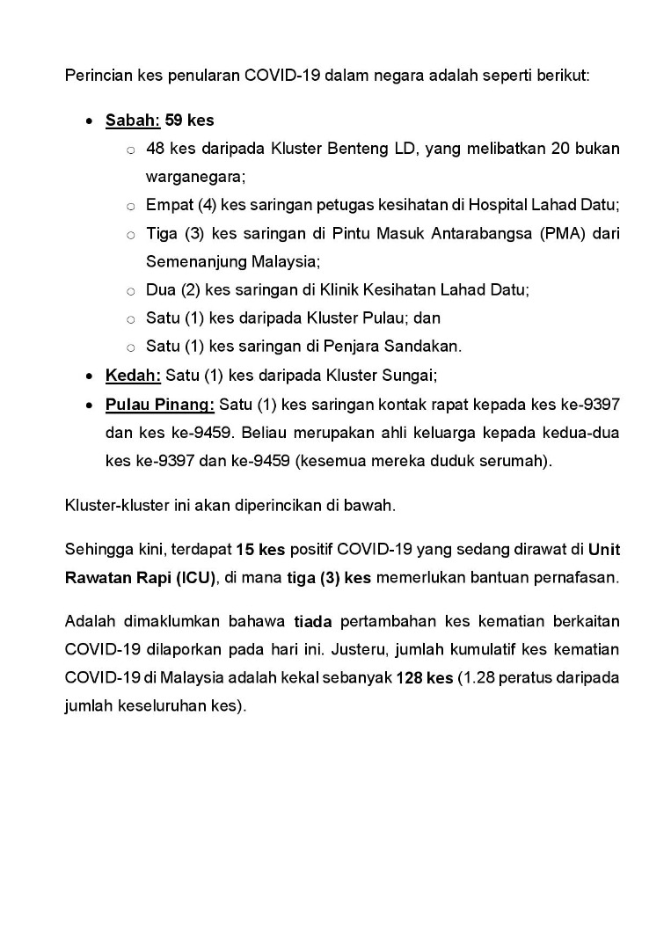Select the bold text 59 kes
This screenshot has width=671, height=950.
tap(190, 120)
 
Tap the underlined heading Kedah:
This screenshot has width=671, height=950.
tap(133, 376)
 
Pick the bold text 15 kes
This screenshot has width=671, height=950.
tap(260, 551)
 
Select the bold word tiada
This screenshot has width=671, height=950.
tap(312, 622)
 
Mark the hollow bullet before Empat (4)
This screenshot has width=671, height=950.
tap(130, 206)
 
